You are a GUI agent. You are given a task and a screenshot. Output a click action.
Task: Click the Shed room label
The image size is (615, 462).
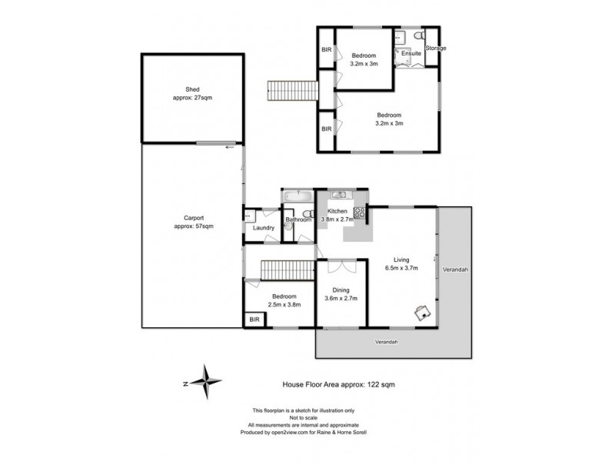tap(181, 89)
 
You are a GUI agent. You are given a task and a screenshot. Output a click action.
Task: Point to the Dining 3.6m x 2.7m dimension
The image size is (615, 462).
tap(341, 298)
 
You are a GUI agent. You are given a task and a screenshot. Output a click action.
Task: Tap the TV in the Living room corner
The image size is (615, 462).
tap(422, 312)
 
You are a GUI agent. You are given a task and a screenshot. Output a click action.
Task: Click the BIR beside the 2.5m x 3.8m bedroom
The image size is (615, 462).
tap(253, 319)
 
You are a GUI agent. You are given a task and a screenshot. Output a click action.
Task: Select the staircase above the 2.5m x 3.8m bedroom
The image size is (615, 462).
tap(288, 271)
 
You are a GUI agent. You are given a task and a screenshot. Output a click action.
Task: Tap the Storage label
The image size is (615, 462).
tap(437, 49)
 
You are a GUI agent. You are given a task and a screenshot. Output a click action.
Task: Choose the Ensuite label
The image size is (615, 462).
tap(411, 53)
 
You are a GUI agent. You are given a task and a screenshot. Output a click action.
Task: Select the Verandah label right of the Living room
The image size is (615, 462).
tap(456, 270)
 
